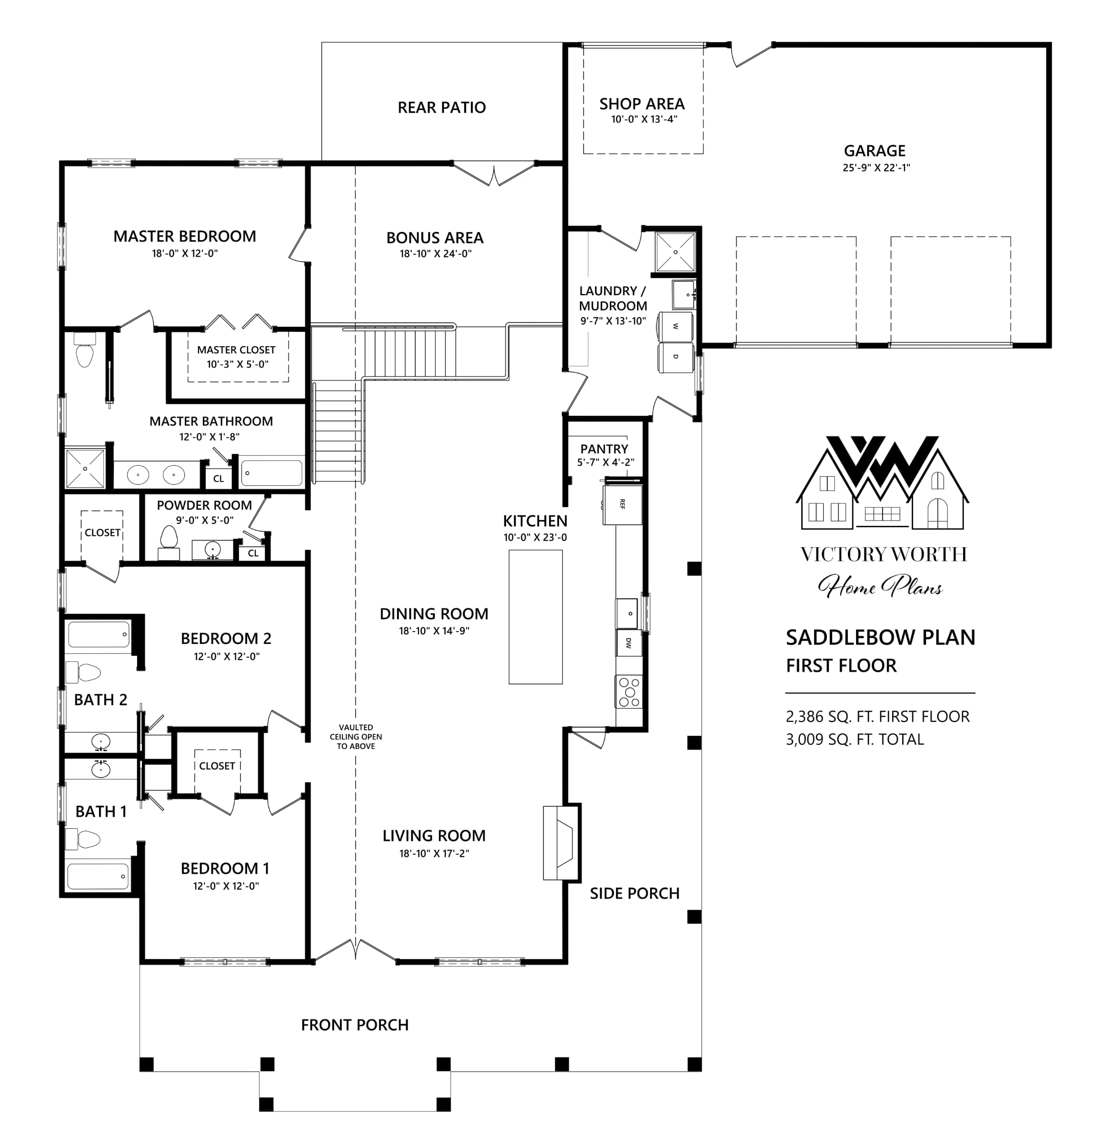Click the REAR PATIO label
click(x=441, y=107)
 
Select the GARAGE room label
click(x=875, y=150)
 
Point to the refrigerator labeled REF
click(x=623, y=504)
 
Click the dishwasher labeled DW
click(x=628, y=642)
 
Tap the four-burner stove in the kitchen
click(x=628, y=691)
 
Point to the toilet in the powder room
click(x=169, y=538)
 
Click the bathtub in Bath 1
click(x=98, y=876)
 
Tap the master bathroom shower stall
click(x=85, y=468)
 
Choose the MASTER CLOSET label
click(x=236, y=350)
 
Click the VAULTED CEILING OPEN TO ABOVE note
click(x=356, y=737)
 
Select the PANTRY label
click(x=604, y=449)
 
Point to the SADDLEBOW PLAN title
click(x=880, y=637)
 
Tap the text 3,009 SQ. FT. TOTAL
click(x=855, y=740)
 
